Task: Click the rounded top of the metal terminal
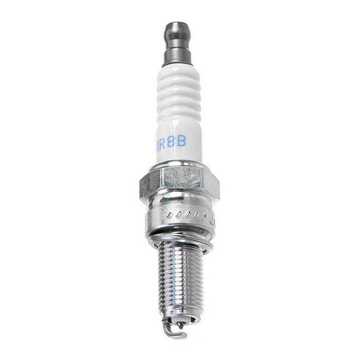tap(178, 27)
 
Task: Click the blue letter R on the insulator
tap(165, 141)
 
